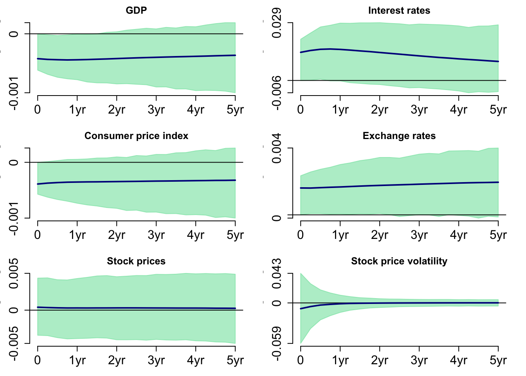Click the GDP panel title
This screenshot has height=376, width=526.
click(x=136, y=11)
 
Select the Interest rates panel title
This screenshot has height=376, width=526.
click(x=399, y=11)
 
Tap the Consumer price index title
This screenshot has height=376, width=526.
click(x=136, y=136)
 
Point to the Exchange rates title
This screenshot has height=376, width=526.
click(x=399, y=136)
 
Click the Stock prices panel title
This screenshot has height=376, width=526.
click(x=136, y=261)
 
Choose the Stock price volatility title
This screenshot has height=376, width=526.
click(x=399, y=261)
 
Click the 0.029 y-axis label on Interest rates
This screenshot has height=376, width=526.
click(x=277, y=23)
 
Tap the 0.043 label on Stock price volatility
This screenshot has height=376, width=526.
click(x=277, y=273)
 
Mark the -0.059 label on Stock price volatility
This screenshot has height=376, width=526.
click(x=277, y=343)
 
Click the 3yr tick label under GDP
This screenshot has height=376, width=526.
click(x=156, y=110)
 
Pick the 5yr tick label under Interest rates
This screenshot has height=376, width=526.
click(x=498, y=110)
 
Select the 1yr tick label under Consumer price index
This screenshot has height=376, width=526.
click(x=77, y=235)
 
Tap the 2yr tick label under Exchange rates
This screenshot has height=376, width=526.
click(x=379, y=235)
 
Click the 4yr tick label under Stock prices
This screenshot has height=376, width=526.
click(x=196, y=360)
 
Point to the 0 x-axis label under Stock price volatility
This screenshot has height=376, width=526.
click(x=301, y=360)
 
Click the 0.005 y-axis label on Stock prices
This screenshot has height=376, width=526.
click(x=14, y=273)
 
